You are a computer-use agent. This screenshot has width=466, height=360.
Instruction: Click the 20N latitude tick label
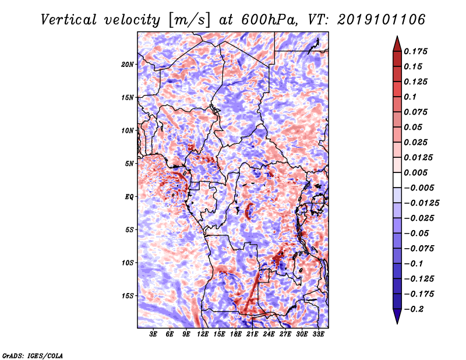click(128, 65)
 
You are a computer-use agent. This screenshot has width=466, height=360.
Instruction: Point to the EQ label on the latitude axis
click(129, 197)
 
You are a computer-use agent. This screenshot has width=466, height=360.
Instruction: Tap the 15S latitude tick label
click(128, 296)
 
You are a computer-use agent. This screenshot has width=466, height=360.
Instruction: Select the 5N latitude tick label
click(129, 164)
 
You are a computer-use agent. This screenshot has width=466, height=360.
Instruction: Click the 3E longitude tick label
click(153, 334)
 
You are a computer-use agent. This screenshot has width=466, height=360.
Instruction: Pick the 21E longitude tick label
click(252, 334)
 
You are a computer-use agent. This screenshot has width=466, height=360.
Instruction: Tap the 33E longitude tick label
click(318, 334)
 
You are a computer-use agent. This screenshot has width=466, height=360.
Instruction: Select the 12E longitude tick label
click(202, 334)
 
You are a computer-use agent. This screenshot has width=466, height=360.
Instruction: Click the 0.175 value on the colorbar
click(415, 51)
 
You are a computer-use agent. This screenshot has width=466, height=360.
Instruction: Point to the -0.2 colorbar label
click(414, 309)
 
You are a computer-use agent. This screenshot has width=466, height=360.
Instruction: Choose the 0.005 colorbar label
click(415, 172)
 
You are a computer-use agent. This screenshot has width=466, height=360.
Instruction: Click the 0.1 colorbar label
click(410, 97)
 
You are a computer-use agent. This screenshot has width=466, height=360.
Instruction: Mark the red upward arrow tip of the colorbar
click(397, 36)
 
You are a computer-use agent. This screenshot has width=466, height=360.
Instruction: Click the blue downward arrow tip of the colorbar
click(397, 323)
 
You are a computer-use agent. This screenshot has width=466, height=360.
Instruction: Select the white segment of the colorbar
click(397, 180)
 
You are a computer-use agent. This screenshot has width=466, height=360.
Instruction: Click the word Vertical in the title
click(68, 20)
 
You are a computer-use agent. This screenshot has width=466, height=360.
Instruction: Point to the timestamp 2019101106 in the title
click(382, 20)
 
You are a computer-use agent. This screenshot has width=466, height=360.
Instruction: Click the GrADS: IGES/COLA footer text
click(33, 355)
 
